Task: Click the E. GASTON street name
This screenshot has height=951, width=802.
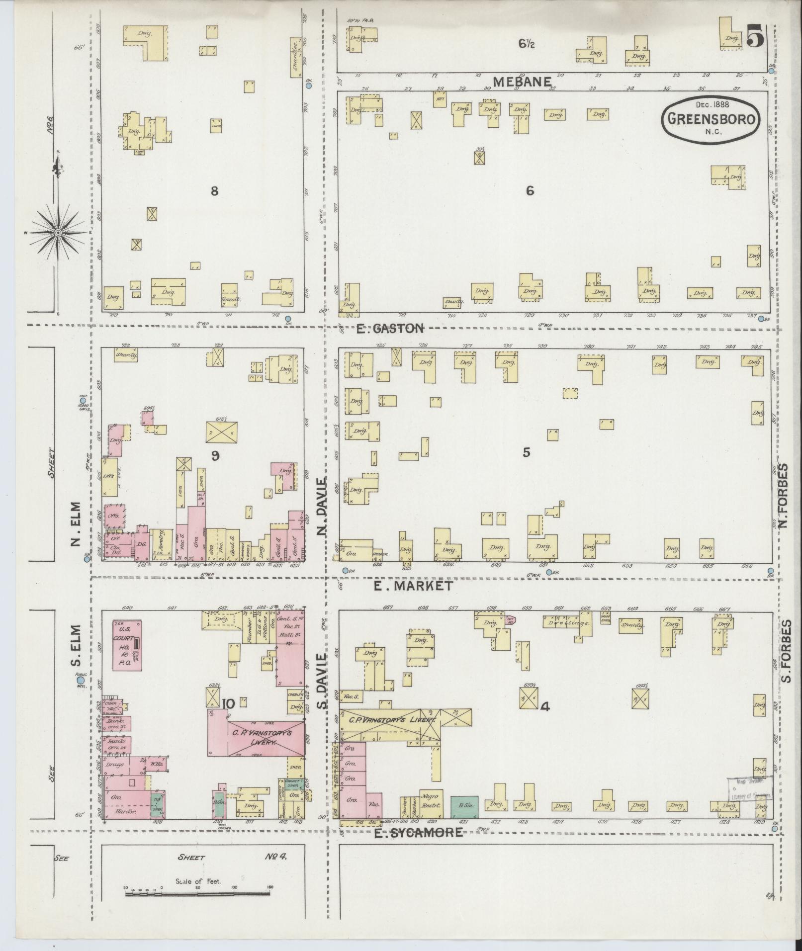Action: click(x=391, y=328)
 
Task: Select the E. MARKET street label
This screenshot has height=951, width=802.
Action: click(x=413, y=586)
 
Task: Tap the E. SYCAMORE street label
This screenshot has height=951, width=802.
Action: click(x=418, y=832)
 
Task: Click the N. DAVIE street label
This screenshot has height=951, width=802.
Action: click(x=322, y=506)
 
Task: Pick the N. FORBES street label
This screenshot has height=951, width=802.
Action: click(x=784, y=497)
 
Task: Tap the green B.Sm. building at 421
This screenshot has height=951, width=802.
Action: click(x=464, y=807)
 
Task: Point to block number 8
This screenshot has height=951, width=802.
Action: click(x=214, y=191)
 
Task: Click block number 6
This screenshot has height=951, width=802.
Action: click(x=530, y=191)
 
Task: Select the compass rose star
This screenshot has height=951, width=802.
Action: click(x=59, y=232)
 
